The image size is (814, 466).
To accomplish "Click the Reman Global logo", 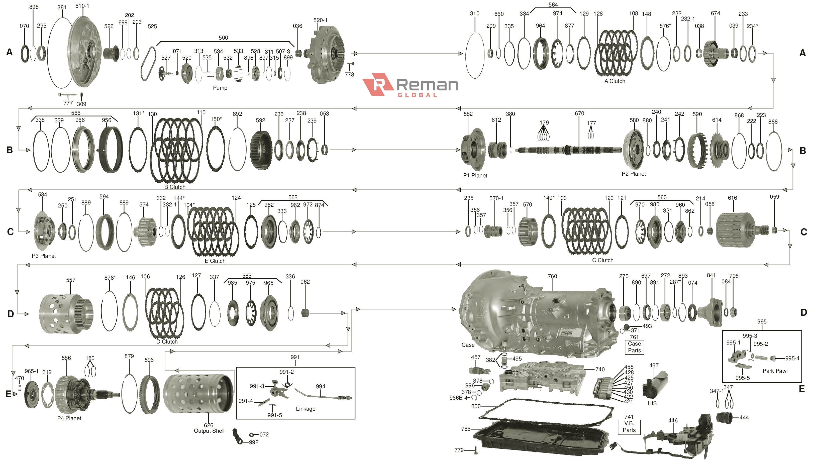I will [410, 85].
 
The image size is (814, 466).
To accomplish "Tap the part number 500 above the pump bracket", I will [223, 38].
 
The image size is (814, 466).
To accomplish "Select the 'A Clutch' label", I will [615, 81].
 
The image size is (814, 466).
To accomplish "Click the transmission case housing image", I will [538, 314].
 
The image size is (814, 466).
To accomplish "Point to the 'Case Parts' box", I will [634, 347].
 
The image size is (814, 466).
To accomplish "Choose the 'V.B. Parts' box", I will [629, 427].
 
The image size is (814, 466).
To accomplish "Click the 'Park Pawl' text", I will [775, 371].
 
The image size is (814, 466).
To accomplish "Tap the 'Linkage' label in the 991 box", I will [305, 409].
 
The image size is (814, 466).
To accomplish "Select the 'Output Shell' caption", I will [209, 431].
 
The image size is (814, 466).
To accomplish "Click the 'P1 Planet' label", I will [475, 176].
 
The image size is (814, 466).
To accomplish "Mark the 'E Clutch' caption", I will [215, 261].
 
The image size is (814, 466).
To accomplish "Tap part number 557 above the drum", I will [71, 280].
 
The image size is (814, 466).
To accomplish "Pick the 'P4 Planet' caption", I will [69, 418].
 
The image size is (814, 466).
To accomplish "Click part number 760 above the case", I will [552, 276].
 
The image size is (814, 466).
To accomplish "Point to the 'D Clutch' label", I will [167, 341].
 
